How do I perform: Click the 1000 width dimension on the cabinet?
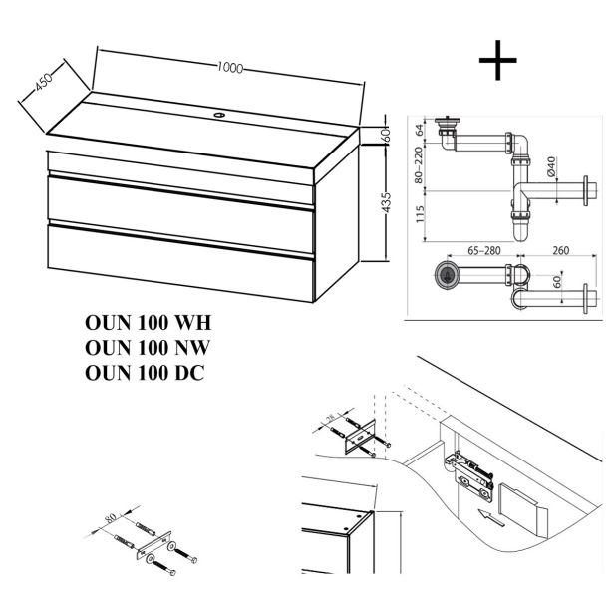click(231, 68)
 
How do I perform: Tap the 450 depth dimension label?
click(43, 85)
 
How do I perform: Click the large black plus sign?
click(498, 61)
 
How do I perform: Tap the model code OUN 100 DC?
click(147, 372)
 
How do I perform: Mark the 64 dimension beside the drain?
click(424, 127)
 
